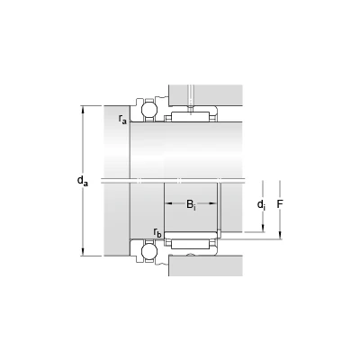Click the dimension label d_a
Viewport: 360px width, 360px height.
pyautogui.click(x=83, y=181)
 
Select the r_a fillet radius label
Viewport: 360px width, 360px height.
pyautogui.click(x=122, y=119)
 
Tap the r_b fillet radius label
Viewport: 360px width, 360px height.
pyautogui.click(x=157, y=232)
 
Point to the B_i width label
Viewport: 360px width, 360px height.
pyautogui.click(x=191, y=204)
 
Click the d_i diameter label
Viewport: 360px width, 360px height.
pyautogui.click(x=261, y=204)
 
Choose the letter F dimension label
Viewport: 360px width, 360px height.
pyautogui.click(x=280, y=204)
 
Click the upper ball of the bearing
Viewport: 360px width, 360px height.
pyautogui.click(x=149, y=110)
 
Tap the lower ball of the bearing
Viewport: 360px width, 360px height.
pyautogui.click(x=149, y=251)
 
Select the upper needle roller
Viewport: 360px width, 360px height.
pyautogui.click(x=190, y=117)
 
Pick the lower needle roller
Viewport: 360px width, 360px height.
pyautogui.click(x=190, y=244)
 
